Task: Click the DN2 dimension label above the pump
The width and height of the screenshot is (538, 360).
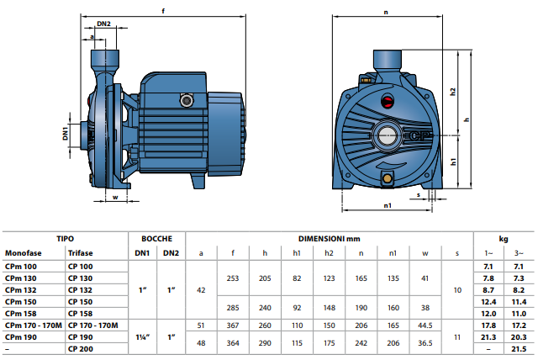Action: click(x=103, y=24)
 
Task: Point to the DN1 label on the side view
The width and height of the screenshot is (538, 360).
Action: click(x=66, y=133)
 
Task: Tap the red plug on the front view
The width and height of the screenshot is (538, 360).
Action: click(x=388, y=101)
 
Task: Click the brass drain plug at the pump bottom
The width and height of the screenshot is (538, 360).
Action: click(x=388, y=177)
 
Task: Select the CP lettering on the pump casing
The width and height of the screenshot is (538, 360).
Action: click(x=419, y=136)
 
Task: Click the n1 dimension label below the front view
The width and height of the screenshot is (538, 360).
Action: click(x=388, y=205)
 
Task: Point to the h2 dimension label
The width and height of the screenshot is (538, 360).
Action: click(x=453, y=92)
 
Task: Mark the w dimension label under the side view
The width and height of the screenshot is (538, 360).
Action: click(x=115, y=198)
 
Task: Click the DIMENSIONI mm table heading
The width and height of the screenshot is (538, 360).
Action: click(x=329, y=239)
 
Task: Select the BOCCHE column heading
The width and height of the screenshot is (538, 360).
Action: click(x=157, y=239)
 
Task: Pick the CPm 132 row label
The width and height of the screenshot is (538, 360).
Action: click(x=20, y=290)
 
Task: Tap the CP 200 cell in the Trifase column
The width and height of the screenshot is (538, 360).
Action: click(x=81, y=349)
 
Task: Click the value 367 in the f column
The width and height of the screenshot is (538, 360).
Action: click(x=233, y=326)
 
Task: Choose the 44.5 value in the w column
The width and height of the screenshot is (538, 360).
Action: click(x=425, y=326)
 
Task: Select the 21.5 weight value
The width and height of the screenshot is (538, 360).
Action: click(x=519, y=349)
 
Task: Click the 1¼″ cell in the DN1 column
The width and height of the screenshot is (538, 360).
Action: click(x=142, y=337)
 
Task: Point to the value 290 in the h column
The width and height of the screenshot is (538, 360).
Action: click(x=265, y=343)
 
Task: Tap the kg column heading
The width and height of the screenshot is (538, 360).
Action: click(x=504, y=239)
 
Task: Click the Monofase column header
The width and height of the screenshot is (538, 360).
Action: click(x=23, y=253)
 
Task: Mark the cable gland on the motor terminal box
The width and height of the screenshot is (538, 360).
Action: click(x=187, y=101)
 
